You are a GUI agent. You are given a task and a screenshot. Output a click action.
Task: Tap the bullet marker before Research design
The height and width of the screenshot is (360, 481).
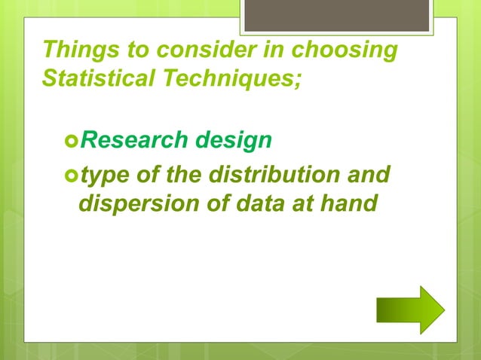(x=70, y=141)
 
